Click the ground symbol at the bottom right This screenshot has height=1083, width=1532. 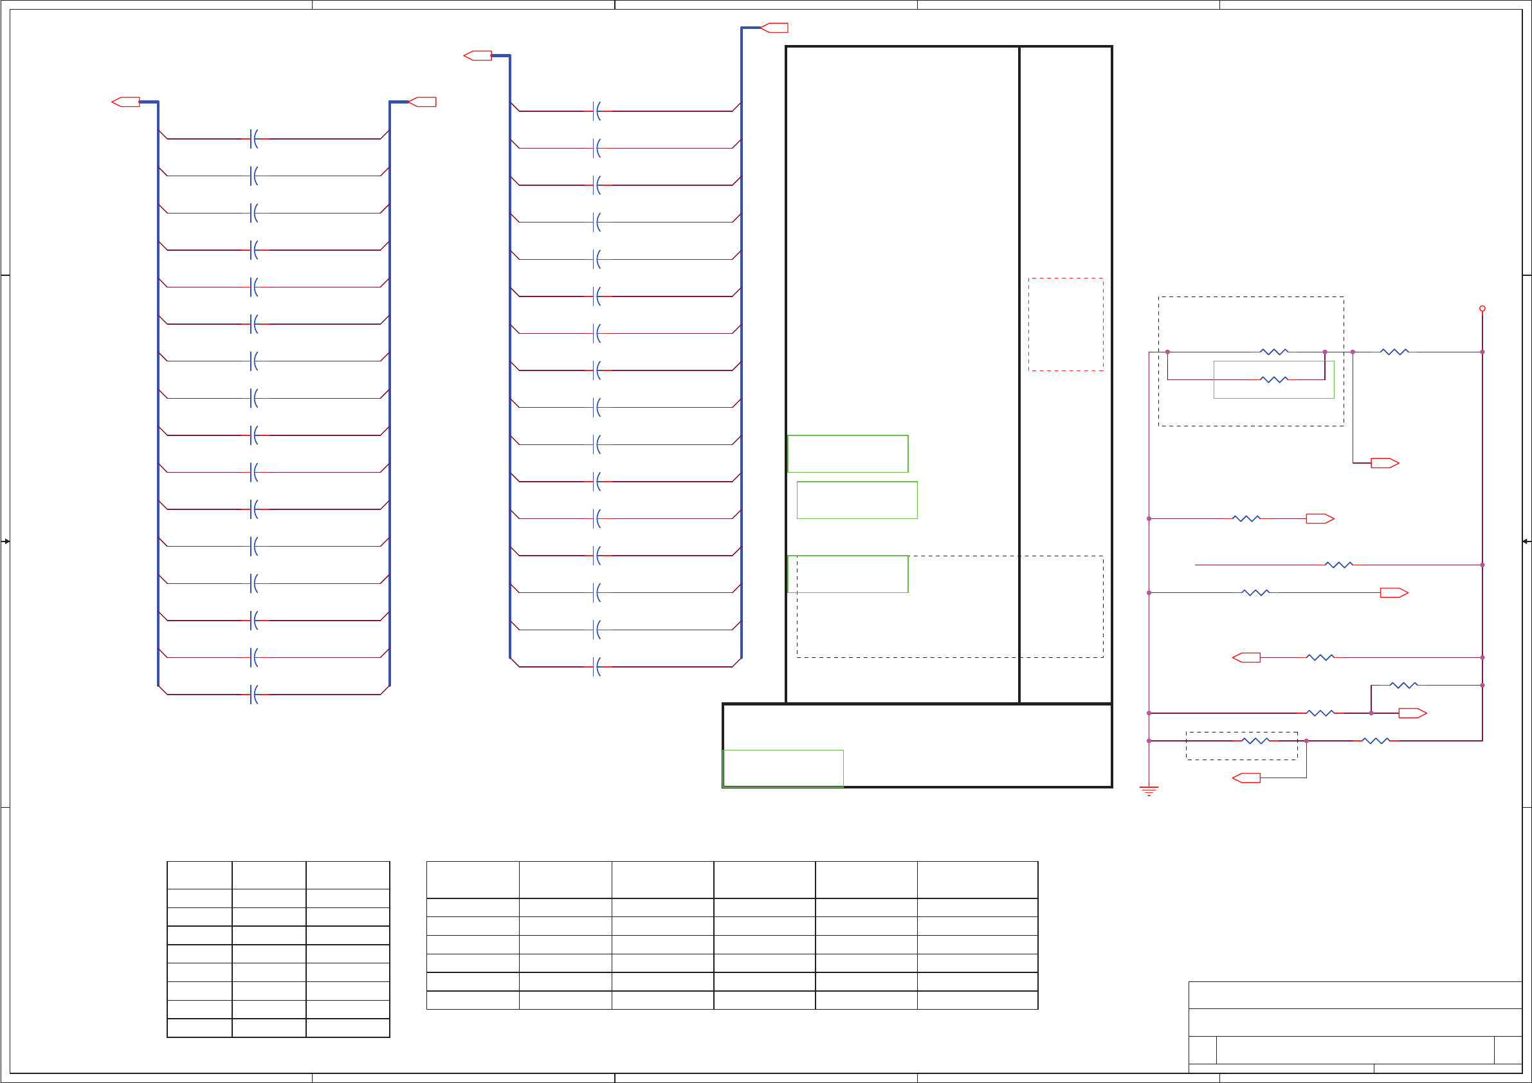[1148, 791]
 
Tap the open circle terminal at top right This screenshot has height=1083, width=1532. [1482, 308]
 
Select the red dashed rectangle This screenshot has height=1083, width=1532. [1066, 324]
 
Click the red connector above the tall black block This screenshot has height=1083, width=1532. [774, 28]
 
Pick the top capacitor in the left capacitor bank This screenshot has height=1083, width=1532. [253, 139]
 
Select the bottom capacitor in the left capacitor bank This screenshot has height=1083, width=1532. [253, 695]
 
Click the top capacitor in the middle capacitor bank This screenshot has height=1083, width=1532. [596, 111]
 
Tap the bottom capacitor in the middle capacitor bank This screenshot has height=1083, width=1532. [596, 667]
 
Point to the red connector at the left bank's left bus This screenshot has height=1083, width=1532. [126, 102]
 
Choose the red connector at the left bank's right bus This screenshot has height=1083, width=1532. [423, 102]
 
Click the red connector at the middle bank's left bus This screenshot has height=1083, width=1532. [479, 55]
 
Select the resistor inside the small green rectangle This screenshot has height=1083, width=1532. [1274, 379]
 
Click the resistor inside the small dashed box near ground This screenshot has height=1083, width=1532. [1255, 741]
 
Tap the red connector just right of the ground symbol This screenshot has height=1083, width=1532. [1246, 778]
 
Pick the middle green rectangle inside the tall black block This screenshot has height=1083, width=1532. [857, 500]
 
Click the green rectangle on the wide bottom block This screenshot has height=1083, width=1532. [783, 769]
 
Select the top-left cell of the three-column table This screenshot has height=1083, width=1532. [199, 875]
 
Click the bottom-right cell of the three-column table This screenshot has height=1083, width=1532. [348, 1028]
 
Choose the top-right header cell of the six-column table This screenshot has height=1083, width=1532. [977, 880]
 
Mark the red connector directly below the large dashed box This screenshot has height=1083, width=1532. [1385, 463]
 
